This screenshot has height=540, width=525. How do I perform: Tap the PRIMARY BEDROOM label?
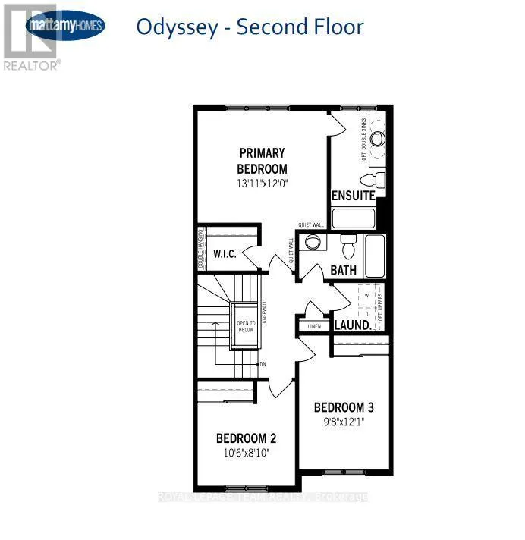coord(262,160)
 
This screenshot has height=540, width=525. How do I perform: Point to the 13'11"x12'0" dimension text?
coord(262,184)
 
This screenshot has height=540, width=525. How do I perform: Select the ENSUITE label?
coord(354,196)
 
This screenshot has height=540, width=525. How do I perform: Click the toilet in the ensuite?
coord(369,180)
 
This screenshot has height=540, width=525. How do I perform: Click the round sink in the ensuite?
coord(377,138)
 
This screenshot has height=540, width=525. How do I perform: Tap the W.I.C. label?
coord(225,255)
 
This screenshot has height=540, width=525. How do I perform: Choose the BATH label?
coord(343,270)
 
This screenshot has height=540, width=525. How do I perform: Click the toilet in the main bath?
coord(348,247)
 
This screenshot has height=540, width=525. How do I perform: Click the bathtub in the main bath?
coord(376,256)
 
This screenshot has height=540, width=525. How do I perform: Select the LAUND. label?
coord(353,325)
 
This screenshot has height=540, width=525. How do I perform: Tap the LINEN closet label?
coord(314,327)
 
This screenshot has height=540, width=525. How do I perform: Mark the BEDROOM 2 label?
coord(246,438)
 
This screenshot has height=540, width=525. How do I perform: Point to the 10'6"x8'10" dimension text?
coord(246,453)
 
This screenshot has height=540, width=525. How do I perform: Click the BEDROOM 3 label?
coord(344,407)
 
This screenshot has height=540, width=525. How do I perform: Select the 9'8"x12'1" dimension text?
coord(344,422)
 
